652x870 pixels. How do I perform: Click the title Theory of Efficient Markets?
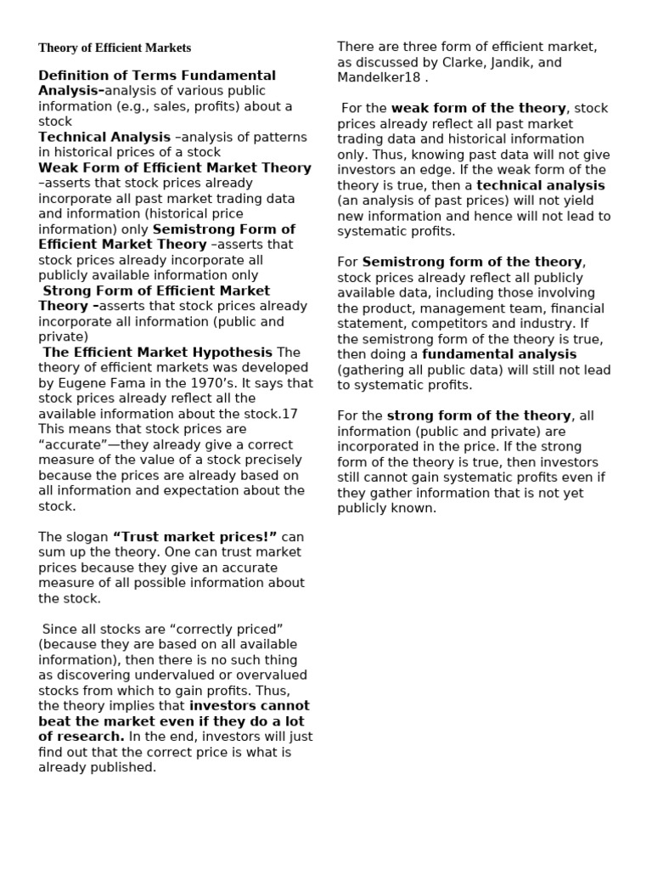click(115, 48)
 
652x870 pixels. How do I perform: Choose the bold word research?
click(93, 737)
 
